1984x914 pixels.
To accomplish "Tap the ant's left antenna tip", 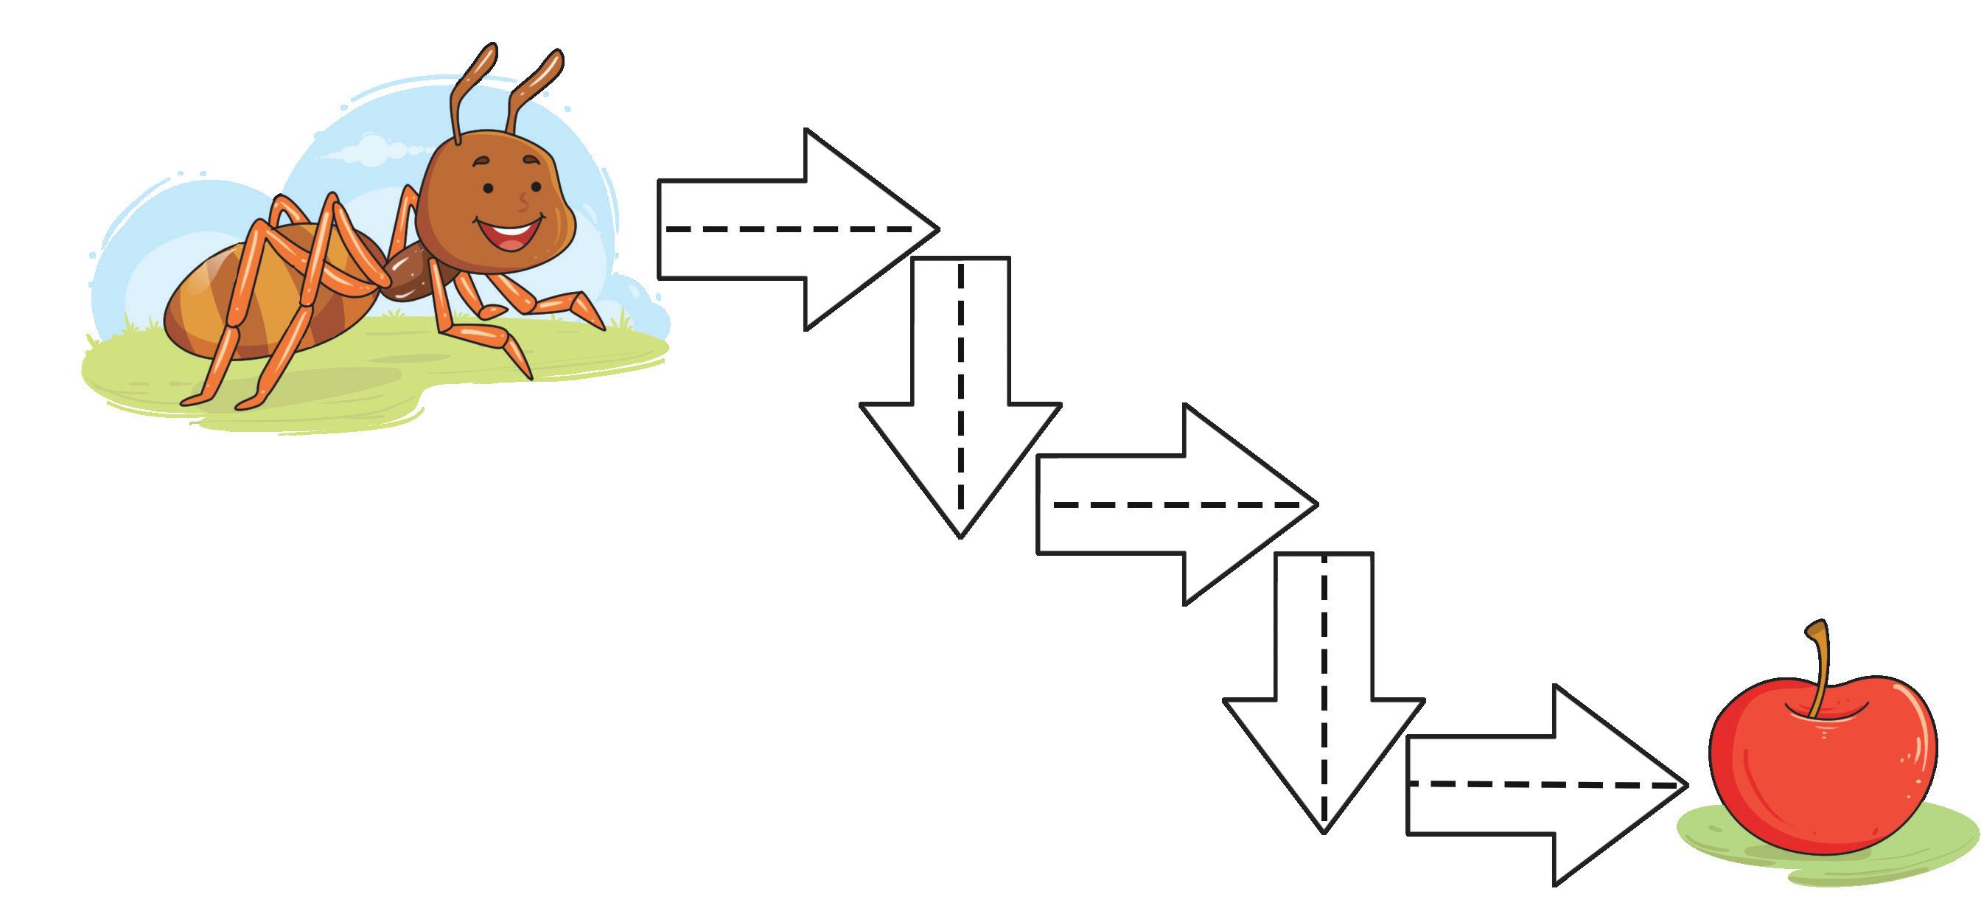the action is point(486,55).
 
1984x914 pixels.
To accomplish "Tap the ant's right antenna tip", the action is point(553,60).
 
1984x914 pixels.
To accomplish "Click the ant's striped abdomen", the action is point(231,300).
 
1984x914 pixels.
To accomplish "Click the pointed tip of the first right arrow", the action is point(936,228).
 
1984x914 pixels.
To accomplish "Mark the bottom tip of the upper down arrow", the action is point(960,534).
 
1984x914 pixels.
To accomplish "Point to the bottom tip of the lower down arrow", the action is point(1324,830).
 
